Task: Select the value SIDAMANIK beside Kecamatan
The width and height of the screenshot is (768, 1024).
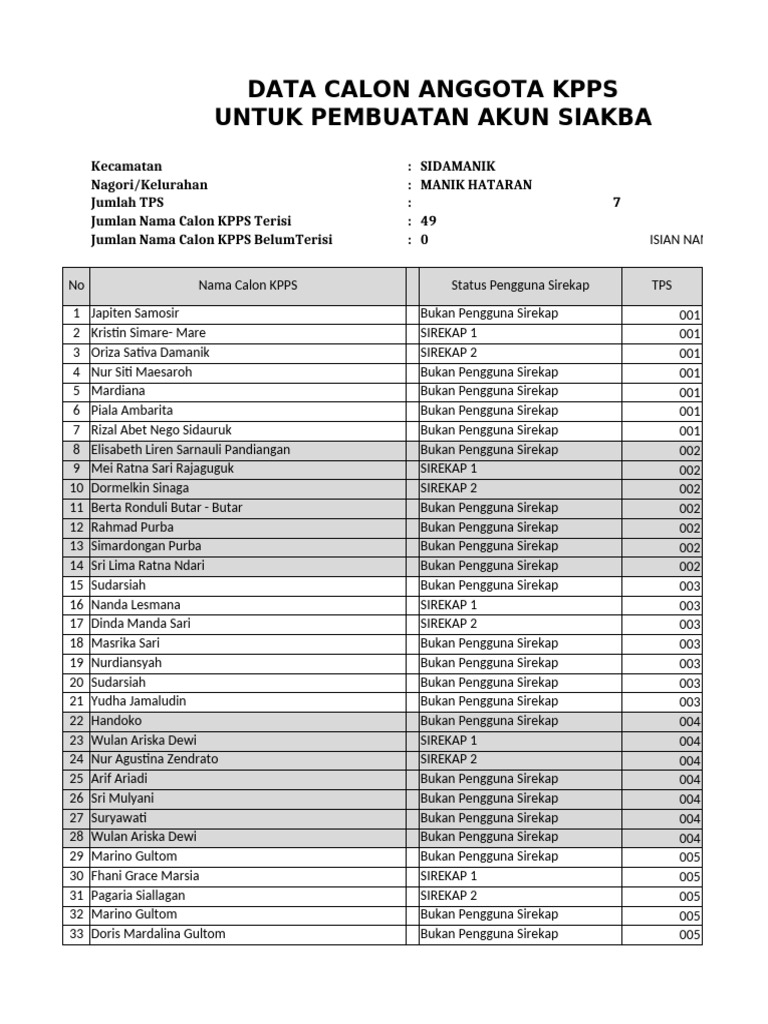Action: (457, 166)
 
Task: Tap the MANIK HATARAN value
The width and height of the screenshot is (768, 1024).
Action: (476, 185)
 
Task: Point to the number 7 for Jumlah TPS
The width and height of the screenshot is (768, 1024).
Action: (616, 203)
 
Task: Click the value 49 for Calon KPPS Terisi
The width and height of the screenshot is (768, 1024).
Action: (428, 221)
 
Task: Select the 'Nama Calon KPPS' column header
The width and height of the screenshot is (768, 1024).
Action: (247, 285)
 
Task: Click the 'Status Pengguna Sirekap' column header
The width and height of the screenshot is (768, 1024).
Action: (520, 285)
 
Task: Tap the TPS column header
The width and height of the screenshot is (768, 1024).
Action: (662, 285)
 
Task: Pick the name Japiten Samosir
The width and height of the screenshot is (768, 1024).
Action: (135, 314)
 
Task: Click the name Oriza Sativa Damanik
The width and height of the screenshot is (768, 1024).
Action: (150, 353)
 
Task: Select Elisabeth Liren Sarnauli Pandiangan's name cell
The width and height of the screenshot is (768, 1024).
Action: (190, 450)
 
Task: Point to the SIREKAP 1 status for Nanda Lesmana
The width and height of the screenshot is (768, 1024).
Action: (449, 605)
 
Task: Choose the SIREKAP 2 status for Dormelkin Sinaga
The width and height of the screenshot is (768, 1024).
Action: (449, 488)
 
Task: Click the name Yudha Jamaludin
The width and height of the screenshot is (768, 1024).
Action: (138, 702)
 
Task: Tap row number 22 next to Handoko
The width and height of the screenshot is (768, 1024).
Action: (76, 721)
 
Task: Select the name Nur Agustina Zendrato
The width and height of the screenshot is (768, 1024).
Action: (154, 760)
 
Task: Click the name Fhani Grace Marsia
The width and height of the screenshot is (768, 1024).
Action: (145, 876)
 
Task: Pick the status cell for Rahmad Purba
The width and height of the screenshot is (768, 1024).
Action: (489, 527)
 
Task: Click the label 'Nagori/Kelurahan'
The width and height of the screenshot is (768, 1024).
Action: (149, 185)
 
